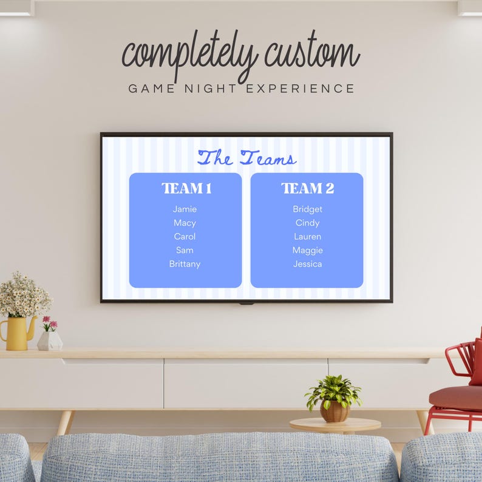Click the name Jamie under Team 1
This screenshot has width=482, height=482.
[185, 209]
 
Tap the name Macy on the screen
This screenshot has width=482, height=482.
[185, 223]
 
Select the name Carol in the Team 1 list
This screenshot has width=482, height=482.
[185, 237]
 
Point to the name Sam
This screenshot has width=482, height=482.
[185, 250]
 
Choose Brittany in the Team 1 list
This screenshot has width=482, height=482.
[185, 264]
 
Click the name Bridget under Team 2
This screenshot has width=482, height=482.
[307, 209]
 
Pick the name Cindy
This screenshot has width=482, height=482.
[307, 223]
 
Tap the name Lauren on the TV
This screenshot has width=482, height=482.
[307, 237]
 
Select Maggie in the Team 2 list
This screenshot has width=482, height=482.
[307, 250]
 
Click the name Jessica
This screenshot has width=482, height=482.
[307, 264]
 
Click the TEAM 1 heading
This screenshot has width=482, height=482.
[186, 188]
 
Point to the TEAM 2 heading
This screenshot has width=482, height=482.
[307, 188]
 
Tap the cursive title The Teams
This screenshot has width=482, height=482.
[246, 158]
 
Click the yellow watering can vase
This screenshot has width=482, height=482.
[17, 333]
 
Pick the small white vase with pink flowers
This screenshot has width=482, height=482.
[49, 339]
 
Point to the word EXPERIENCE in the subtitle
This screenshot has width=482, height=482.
[299, 89]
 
